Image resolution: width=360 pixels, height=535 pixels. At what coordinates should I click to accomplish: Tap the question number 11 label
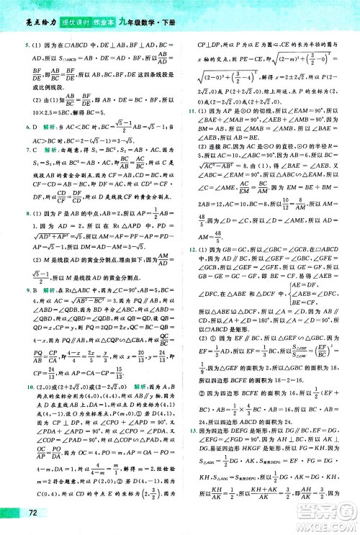192,114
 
